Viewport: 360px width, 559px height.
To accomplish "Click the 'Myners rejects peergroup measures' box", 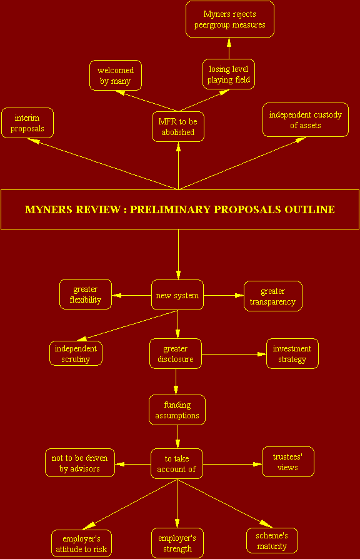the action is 230,19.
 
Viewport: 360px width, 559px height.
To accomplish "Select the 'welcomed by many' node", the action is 116,75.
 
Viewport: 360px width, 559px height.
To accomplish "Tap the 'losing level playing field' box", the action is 229,74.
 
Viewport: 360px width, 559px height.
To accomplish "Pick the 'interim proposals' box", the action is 27,123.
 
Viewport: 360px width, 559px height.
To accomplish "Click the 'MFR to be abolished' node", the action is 178,126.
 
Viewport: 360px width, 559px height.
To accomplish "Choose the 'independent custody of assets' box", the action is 306,120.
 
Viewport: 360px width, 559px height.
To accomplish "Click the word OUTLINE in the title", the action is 310,209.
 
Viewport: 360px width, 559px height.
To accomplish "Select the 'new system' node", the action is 177,295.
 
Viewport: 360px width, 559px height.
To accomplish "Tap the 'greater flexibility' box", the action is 86,294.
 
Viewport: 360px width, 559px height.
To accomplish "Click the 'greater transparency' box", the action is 273,296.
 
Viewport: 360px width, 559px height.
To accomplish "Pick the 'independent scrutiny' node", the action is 76,354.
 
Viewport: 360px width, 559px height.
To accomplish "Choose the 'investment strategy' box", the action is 292,354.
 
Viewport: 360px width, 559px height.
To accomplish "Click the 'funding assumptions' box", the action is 177,410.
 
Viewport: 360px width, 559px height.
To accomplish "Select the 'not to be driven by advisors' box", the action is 80,463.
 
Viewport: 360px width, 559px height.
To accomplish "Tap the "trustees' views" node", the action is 288,461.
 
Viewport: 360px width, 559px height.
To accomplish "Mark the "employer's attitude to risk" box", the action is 82,543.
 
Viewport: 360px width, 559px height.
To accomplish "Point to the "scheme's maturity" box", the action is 272,540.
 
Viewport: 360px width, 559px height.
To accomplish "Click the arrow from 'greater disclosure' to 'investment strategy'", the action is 234,355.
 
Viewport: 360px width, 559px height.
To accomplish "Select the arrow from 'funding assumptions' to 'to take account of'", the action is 177,436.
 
